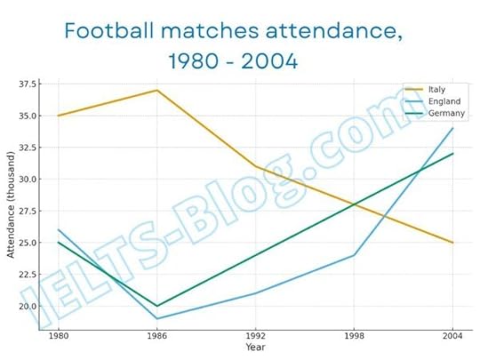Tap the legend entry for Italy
pos(436,89)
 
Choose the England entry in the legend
pos(442,101)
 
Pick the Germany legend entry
pos(443,114)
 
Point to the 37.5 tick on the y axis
pos(27,84)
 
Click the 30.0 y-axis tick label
pos(27,179)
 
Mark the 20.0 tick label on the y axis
pos(27,306)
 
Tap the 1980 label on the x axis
pos(59,337)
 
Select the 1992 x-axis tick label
pos(255,337)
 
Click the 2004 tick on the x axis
pos(452,337)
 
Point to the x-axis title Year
pos(255,347)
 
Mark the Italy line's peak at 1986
pos(157,90)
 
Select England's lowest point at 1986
pos(157,318)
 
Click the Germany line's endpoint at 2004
pos(452,154)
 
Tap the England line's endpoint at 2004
pos(452,128)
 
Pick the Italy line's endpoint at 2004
pos(452,243)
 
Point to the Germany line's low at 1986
pos(157,306)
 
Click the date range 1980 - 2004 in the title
pos(232,63)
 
